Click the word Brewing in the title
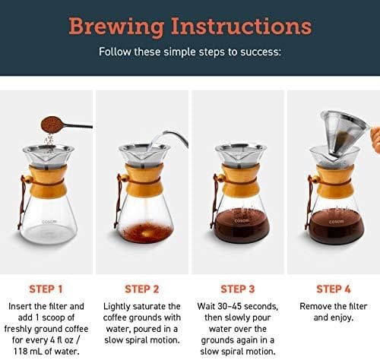click(x=116, y=27)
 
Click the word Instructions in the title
click(x=241, y=26)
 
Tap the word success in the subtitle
click(x=261, y=52)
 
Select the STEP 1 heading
click(x=46, y=289)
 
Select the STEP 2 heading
click(x=141, y=289)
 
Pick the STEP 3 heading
click(x=237, y=289)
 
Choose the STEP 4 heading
click(x=334, y=289)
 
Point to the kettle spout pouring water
click(x=176, y=136)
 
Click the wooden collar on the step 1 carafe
click(x=48, y=180)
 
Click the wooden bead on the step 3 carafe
click(x=220, y=178)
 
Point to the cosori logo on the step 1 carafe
click(x=49, y=222)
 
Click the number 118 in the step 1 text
click(x=22, y=351)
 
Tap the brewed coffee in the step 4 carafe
click(x=337, y=227)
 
